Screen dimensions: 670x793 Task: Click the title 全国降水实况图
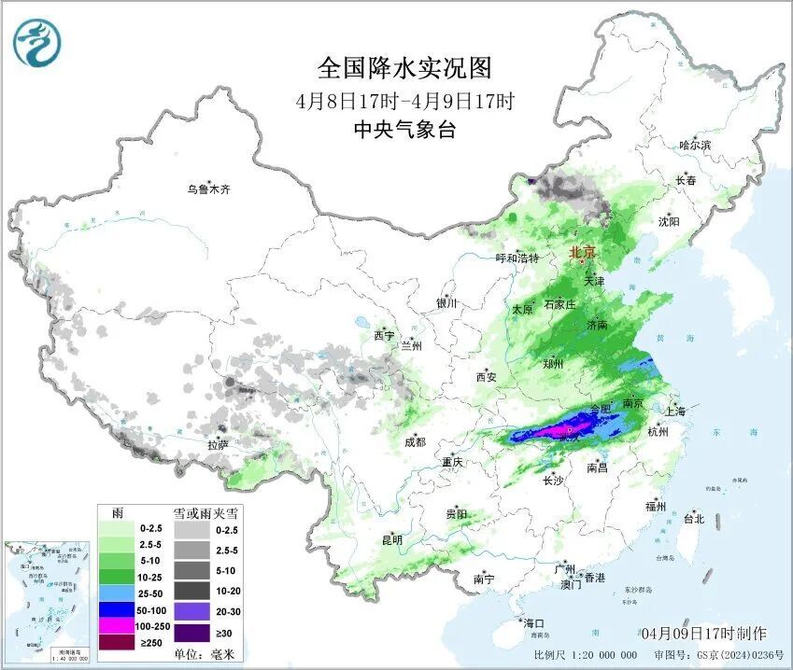[404, 68]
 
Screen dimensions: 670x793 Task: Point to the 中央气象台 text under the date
[404, 131]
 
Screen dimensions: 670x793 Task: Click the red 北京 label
[583, 252]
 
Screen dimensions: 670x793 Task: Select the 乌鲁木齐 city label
[207, 189]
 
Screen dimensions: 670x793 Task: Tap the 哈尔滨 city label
[695, 145]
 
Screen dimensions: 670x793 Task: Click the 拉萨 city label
[218, 445]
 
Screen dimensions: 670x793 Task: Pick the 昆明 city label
[391, 539]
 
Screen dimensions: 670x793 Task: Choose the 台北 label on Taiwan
[693, 518]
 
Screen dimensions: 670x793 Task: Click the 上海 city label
[673, 411]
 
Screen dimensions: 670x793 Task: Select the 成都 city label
[415, 441]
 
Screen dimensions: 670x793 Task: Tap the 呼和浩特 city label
[517, 258]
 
